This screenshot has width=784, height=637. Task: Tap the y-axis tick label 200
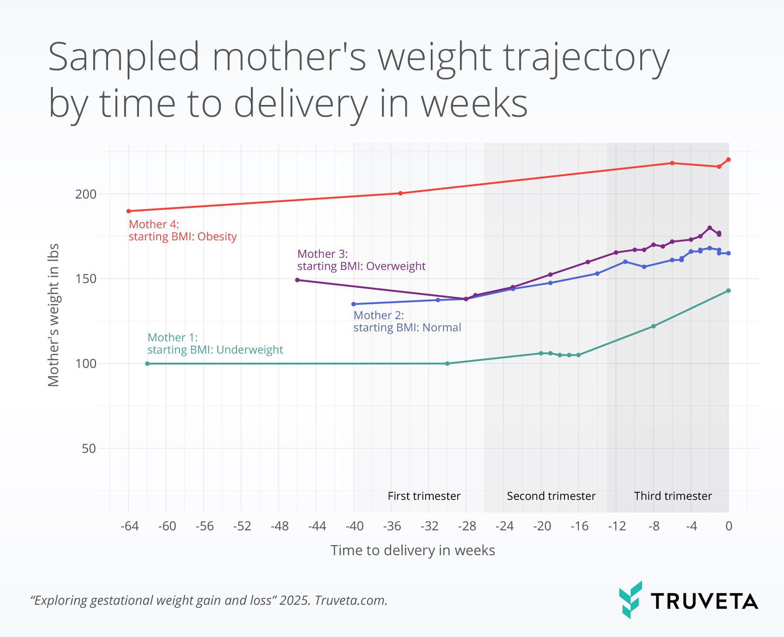point(85,194)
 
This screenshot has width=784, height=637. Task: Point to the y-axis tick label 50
point(89,448)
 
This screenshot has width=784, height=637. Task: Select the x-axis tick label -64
point(129,526)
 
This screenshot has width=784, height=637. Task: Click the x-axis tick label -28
point(466,526)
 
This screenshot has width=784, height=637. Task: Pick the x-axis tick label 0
point(729,526)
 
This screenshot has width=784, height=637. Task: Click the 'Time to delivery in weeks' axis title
point(412,550)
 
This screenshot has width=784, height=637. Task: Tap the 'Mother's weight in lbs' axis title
point(53,315)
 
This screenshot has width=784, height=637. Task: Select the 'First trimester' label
point(424,496)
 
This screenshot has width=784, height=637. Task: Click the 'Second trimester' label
point(551,496)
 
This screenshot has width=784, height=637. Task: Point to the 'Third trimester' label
point(673,496)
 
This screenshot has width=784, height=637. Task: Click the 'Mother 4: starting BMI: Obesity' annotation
point(182,230)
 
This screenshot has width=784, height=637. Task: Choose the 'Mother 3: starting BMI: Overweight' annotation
point(361,260)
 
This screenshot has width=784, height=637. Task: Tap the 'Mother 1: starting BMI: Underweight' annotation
point(215,344)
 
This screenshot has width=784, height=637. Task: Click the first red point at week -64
point(128,211)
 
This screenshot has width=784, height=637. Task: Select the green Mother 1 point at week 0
point(728,291)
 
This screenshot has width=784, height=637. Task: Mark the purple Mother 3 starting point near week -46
point(297,280)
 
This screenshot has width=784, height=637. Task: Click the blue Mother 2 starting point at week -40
point(354,304)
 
